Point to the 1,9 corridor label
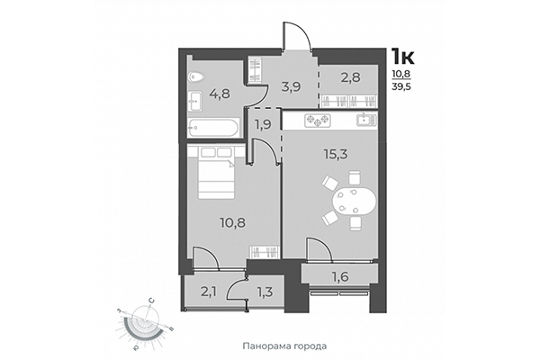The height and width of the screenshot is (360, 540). (x=262, y=125)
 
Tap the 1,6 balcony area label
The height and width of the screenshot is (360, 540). (x=340, y=276)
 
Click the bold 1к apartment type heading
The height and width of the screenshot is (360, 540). (x=402, y=58)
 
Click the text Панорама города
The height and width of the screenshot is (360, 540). (x=283, y=346)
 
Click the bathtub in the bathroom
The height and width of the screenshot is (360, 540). (x=214, y=128)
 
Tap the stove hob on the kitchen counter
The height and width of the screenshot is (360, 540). (x=318, y=121)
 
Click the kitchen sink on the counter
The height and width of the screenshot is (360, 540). (x=365, y=121)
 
